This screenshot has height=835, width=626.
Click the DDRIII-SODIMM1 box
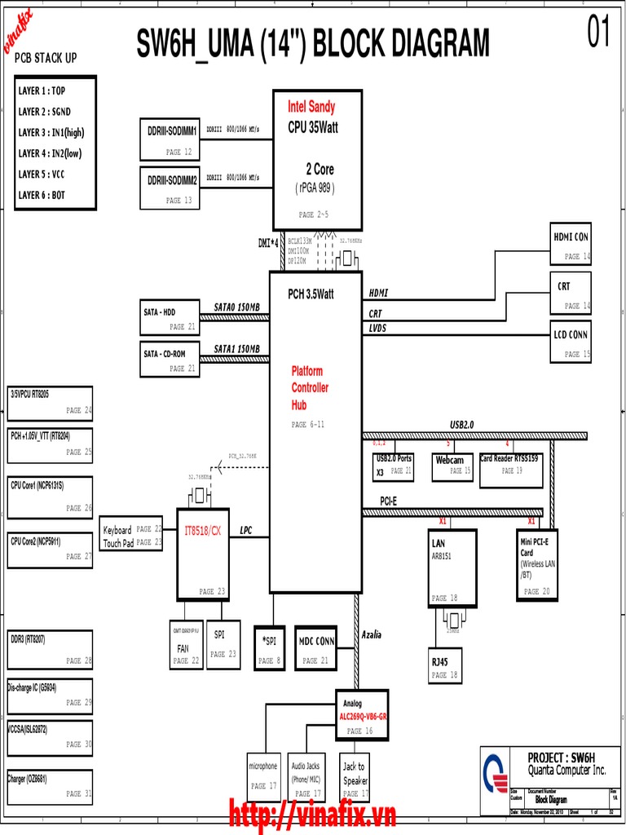(x=172, y=140)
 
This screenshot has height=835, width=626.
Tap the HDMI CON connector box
(x=571, y=243)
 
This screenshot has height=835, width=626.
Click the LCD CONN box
(x=571, y=342)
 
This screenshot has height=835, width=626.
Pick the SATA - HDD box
(x=170, y=318)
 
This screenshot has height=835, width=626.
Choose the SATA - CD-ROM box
(x=170, y=360)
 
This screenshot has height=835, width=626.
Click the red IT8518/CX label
(x=202, y=531)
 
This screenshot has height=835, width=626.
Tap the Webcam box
(x=452, y=466)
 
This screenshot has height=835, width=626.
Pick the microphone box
(x=262, y=775)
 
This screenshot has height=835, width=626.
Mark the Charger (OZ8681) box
(x=50, y=786)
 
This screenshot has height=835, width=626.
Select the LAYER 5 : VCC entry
(x=42, y=175)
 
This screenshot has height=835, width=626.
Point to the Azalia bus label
(x=372, y=634)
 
